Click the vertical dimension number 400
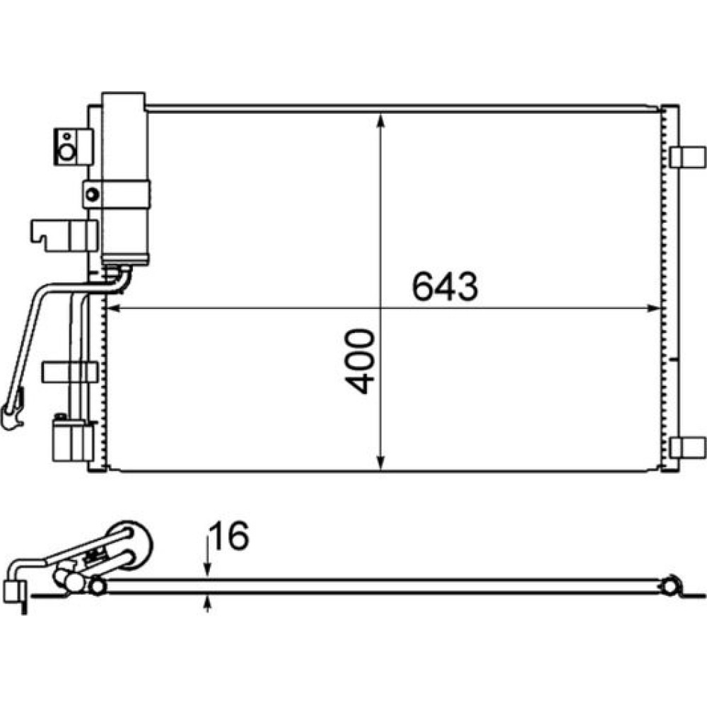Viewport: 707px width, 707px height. [360, 361]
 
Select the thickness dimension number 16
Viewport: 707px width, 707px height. [230, 536]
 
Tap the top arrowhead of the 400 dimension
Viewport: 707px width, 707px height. [381, 122]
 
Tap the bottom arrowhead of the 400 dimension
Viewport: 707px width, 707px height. [381, 462]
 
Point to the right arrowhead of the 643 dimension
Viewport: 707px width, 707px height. [653, 308]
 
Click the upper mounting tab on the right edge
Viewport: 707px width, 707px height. [687, 157]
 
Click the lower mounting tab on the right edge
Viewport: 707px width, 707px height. [687, 448]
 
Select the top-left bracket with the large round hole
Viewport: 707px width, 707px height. [73, 147]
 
